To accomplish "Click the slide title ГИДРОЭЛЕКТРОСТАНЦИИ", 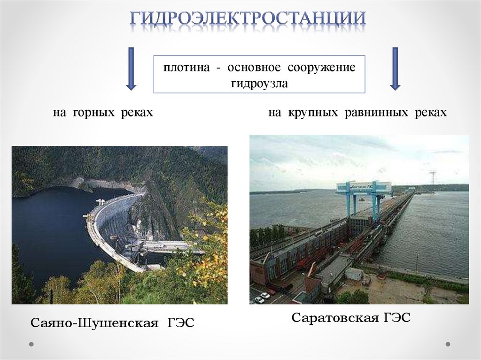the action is [x=248, y=19].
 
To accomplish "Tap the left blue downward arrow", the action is [x=131, y=68].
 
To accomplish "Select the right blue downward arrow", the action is [x=395, y=68].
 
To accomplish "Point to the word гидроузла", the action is [x=259, y=84].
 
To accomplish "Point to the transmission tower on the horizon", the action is [x=433, y=178].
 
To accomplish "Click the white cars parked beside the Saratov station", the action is [x=262, y=298].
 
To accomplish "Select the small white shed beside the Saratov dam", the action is [x=354, y=274].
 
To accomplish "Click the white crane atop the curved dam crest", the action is [x=100, y=203].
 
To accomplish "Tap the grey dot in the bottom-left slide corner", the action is [x=31, y=344].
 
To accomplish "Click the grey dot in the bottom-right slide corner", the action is [x=448, y=344].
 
